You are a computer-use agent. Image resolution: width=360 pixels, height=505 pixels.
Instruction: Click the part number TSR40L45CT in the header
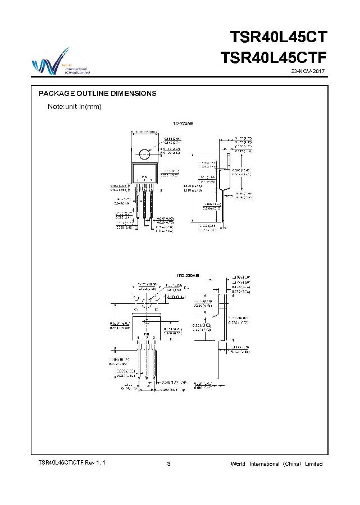(x=278, y=38)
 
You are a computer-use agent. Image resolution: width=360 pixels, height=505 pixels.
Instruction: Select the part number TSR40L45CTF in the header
(x=274, y=58)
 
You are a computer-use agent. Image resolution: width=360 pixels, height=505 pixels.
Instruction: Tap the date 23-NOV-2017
(x=308, y=71)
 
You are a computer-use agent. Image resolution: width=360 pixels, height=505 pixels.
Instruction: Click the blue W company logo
(x=45, y=63)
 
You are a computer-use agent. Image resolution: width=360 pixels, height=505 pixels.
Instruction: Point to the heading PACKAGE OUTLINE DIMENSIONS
(x=97, y=93)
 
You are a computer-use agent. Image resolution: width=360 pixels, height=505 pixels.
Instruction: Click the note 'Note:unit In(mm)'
(x=74, y=107)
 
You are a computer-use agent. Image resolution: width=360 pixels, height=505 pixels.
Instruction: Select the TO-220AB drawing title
(x=183, y=122)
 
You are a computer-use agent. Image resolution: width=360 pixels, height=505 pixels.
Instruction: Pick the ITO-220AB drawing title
(x=188, y=276)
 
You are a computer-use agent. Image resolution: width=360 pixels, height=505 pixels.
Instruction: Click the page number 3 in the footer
(x=169, y=463)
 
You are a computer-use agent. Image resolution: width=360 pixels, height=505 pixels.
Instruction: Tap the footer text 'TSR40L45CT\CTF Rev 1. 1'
(x=71, y=463)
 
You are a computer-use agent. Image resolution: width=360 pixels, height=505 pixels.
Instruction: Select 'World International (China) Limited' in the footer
(x=277, y=463)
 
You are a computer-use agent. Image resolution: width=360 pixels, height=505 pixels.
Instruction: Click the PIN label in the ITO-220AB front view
(x=147, y=334)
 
